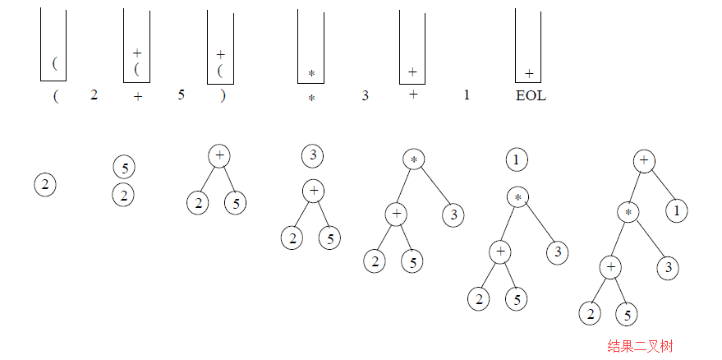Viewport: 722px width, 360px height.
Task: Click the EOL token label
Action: click(531, 95)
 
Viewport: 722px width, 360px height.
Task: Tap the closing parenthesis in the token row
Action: click(223, 95)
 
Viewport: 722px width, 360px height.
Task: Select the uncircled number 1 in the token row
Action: click(467, 95)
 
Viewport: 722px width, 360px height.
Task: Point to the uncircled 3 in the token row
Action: click(366, 95)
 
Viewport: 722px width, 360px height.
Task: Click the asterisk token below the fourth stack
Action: click(311, 98)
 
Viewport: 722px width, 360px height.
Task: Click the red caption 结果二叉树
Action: click(640, 346)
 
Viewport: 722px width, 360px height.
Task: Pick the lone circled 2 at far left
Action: click(45, 186)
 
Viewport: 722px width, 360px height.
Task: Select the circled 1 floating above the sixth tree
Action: click(516, 159)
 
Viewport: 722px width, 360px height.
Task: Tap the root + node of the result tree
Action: click(645, 160)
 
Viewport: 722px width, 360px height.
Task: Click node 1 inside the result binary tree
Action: click(677, 211)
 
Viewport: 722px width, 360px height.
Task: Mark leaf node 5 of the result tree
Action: click(627, 313)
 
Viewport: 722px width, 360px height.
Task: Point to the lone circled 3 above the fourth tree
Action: click(312, 155)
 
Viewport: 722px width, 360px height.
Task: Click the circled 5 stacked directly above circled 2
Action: click(123, 168)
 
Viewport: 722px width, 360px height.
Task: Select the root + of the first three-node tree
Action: click(219, 155)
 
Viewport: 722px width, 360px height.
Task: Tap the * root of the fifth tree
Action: click(414, 159)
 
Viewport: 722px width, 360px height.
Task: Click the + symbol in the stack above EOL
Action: click(529, 74)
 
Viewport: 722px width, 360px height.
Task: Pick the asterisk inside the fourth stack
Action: click(311, 74)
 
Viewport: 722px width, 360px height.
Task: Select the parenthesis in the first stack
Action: click(55, 63)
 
